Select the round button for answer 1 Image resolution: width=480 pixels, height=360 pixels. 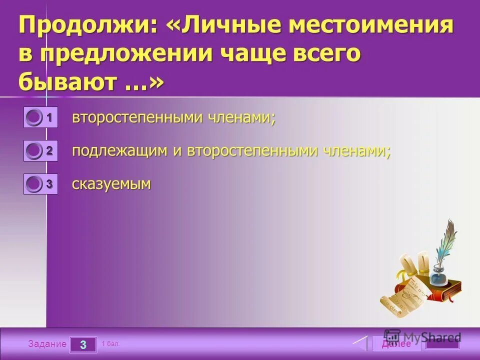point(34,117)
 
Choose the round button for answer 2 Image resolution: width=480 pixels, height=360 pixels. point(34,150)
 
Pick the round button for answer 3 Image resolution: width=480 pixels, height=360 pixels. point(34,184)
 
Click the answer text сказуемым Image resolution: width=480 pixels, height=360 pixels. point(111,184)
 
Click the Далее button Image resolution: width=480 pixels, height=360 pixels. point(396,344)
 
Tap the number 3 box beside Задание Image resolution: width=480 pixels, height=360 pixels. point(83,344)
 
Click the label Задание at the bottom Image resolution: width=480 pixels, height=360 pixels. point(47,344)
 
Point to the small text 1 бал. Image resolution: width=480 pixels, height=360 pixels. point(110,344)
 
